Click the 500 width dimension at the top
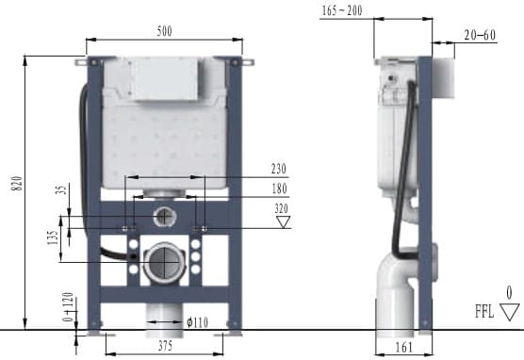[x=165, y=30]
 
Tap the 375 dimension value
[x=164, y=345]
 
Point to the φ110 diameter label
[x=197, y=322]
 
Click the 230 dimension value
[x=278, y=169]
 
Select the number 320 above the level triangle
[x=280, y=209]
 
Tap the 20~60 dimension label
[x=480, y=35]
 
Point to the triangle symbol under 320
[x=281, y=222]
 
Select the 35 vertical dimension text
[x=58, y=189]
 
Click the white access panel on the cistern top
[x=164, y=78]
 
